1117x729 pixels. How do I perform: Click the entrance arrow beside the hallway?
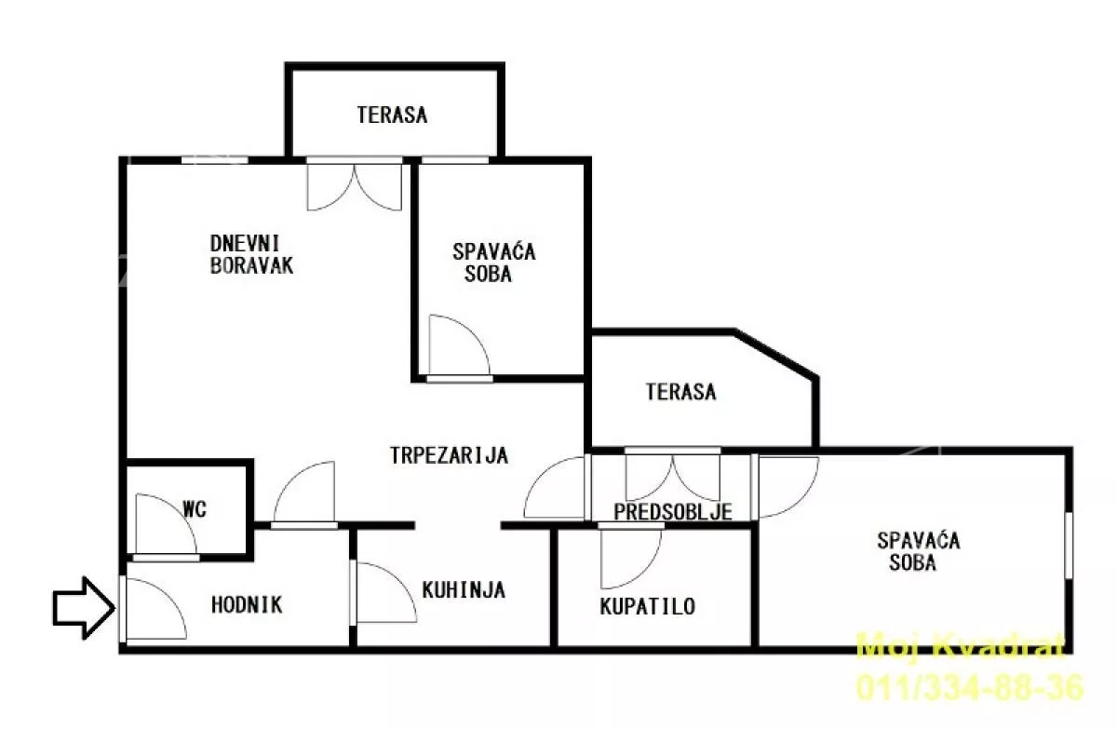pyautogui.click(x=84, y=608)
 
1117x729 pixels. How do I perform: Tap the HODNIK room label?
pyautogui.click(x=247, y=605)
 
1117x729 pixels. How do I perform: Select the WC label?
pyautogui.click(x=195, y=509)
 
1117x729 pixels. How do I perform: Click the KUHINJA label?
pyautogui.click(x=464, y=590)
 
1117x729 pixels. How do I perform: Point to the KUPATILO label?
pyautogui.click(x=647, y=606)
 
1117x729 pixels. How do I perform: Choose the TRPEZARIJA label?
pyautogui.click(x=449, y=455)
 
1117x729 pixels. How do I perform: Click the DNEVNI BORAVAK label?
pyautogui.click(x=252, y=254)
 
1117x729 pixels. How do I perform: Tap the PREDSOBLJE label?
pyautogui.click(x=673, y=511)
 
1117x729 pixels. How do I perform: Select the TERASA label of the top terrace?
pyautogui.click(x=392, y=115)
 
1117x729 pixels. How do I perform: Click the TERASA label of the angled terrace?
pyautogui.click(x=680, y=391)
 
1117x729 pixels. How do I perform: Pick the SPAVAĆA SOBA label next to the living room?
pyautogui.click(x=493, y=263)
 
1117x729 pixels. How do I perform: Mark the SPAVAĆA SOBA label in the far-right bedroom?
pyautogui.click(x=919, y=551)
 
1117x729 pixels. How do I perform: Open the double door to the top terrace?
pyautogui.click(x=354, y=185)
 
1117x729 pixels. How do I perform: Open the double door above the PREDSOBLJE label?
pyautogui.click(x=673, y=476)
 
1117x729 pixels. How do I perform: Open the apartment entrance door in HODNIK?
pyautogui.click(x=154, y=608)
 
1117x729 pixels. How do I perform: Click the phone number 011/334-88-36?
pyautogui.click(x=970, y=688)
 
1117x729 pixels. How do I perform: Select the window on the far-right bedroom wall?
pyautogui.click(x=1069, y=545)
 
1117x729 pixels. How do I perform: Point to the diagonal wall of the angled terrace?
pyautogui.click(x=776, y=355)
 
